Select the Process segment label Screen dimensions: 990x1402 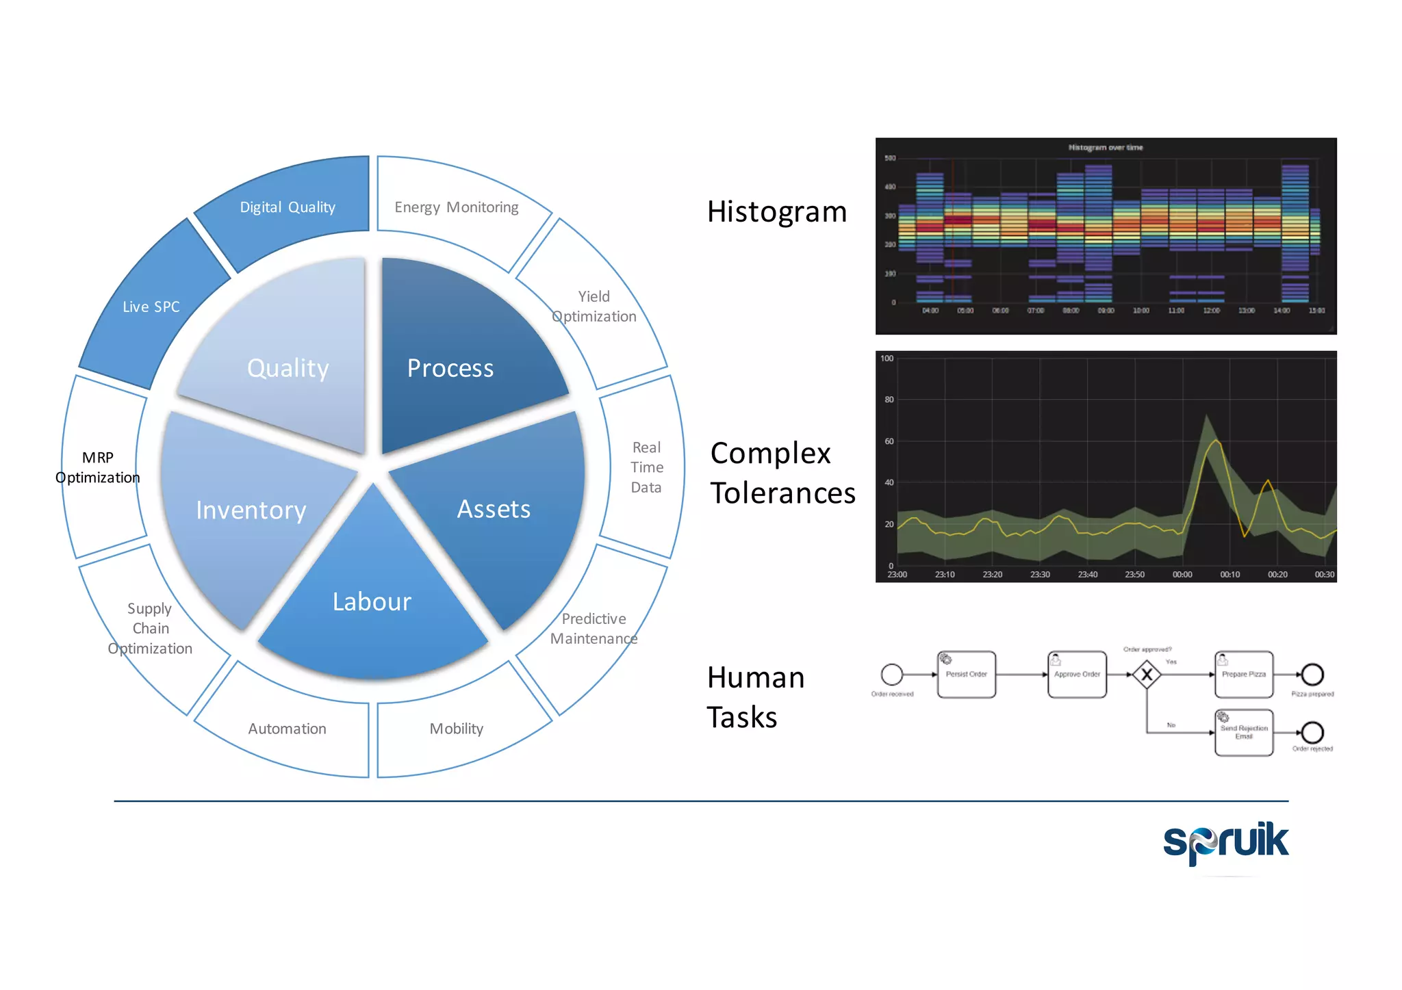pos(450,368)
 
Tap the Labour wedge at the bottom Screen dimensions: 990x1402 pos(372,602)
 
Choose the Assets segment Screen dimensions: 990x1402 pos(494,509)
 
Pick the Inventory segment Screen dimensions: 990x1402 pos(251,510)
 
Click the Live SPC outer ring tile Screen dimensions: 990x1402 pos(151,307)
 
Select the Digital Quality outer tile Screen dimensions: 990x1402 pos(288,207)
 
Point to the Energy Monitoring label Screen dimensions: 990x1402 pos(456,207)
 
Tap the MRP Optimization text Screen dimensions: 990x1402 pos(98,467)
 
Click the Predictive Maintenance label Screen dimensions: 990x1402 pos(594,628)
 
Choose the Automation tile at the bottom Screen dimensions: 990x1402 pos(287,729)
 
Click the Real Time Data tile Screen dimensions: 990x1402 pos(646,467)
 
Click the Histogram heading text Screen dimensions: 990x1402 pos(777,212)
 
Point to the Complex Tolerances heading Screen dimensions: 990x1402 pos(782,473)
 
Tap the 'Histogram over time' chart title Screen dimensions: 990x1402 pos(1105,147)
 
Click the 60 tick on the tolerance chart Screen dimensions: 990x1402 pos(889,441)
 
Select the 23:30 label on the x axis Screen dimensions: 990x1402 pos(1039,575)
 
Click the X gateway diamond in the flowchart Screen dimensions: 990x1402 pos(1146,675)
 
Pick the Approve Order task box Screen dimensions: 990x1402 pos(1076,675)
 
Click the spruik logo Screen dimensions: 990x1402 pos(1225,842)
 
